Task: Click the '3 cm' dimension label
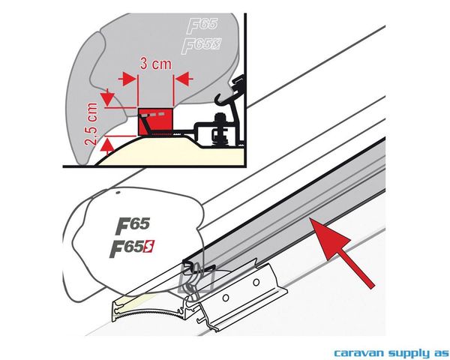tap(155, 64)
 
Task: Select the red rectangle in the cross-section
tap(156, 121)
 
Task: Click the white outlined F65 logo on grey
tap(202, 26)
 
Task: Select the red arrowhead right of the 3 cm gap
tap(183, 79)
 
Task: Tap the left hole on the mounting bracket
tap(226, 298)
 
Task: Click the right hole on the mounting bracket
tap(256, 283)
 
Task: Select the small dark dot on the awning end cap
tap(118, 193)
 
